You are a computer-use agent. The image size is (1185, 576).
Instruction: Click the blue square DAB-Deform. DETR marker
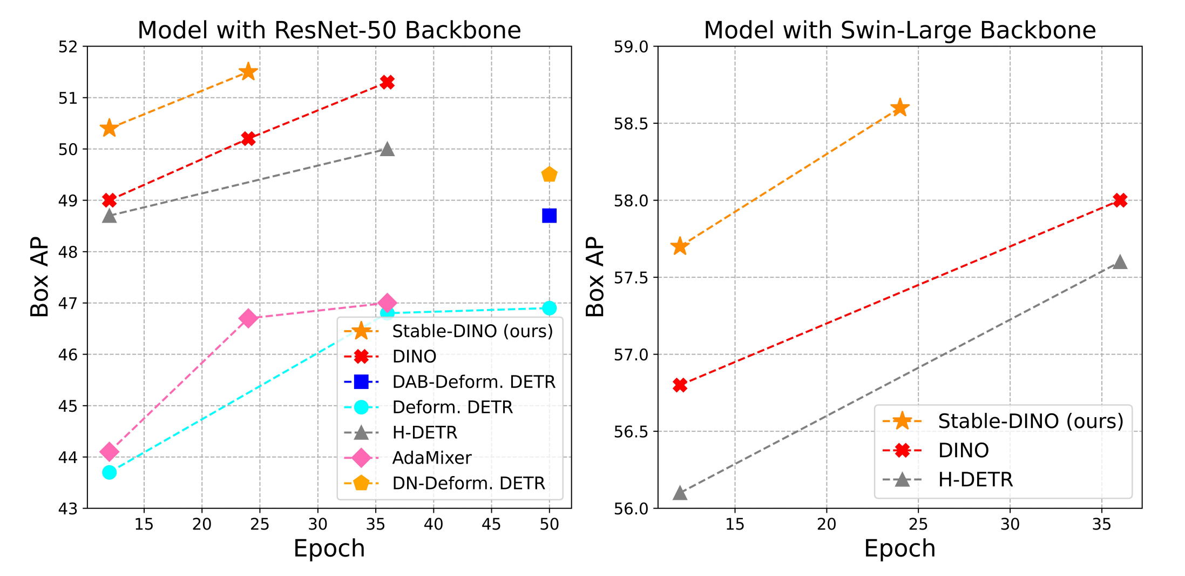[549, 216]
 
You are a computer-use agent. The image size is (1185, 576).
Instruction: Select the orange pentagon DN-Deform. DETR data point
[549, 175]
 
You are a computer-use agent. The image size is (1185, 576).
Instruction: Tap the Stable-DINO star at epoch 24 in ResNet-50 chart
[248, 71]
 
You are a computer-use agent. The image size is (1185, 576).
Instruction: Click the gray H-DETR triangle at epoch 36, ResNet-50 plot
[387, 149]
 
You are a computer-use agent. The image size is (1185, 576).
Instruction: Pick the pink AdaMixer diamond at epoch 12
[110, 451]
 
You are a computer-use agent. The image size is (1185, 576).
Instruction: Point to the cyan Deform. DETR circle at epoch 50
[549, 308]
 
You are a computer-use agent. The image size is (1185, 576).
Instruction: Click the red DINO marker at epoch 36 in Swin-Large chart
[1120, 200]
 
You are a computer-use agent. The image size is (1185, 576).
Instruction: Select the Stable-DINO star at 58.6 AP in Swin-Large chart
[899, 108]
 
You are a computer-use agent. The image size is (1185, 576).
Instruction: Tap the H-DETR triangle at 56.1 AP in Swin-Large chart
[680, 493]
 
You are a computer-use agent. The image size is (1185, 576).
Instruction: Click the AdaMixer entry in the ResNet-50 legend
[431, 458]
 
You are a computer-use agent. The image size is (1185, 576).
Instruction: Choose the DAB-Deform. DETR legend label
[473, 382]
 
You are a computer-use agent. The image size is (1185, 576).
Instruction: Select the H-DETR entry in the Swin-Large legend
[975, 480]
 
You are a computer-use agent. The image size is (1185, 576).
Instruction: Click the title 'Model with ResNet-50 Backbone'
[329, 30]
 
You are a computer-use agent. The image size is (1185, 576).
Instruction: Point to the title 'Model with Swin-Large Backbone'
[899, 30]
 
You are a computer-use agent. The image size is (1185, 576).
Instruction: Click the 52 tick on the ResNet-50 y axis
[69, 47]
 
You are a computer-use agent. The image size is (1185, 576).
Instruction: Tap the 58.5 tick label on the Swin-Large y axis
[631, 124]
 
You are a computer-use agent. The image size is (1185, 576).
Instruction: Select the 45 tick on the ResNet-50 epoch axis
[491, 524]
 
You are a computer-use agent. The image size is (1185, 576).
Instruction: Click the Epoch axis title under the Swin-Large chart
[899, 548]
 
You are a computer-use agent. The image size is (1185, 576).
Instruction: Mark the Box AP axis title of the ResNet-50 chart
[40, 277]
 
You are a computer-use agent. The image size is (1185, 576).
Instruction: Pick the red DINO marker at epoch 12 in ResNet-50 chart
[110, 200]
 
